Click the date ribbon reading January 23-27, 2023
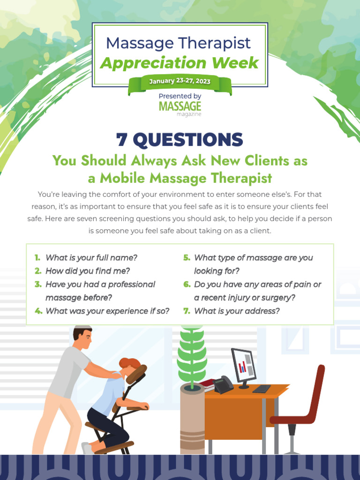pos(180,82)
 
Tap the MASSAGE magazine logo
pos(180,108)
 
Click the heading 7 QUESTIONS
pos(180,139)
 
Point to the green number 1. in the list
pos(37,257)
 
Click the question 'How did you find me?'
pos(88,270)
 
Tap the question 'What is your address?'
pos(237,311)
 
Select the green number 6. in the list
pos(187,284)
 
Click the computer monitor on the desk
pos(244,366)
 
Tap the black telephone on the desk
pos(223,385)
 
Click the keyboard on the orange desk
pos(261,389)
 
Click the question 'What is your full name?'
pos(91,257)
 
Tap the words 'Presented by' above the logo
pos(180,96)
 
